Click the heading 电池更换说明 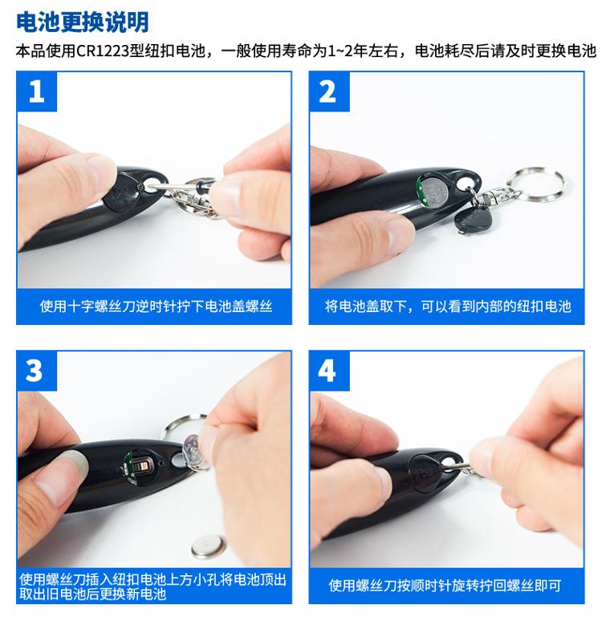tap(82, 22)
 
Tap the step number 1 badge tap(37, 91)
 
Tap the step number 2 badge tap(329, 91)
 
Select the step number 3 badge tap(37, 371)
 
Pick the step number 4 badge tap(329, 371)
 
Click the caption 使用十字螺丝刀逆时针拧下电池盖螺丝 tap(156, 306)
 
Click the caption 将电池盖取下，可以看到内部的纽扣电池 tap(448, 306)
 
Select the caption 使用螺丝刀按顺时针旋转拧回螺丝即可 tap(445, 585)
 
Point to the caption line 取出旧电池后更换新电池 tap(93, 594)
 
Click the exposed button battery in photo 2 tap(435, 193)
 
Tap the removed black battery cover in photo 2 tap(472, 219)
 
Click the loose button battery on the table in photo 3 tap(208, 546)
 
